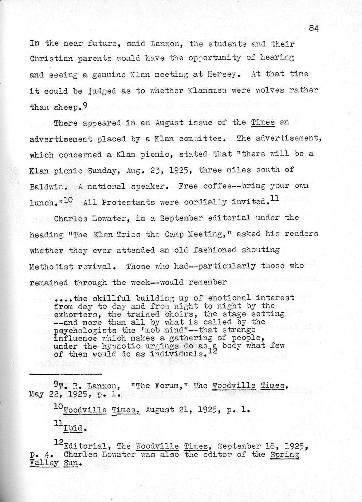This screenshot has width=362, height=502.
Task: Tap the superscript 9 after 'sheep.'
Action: pyautogui.click(x=84, y=104)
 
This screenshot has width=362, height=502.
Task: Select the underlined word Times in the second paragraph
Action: pyautogui.click(x=263, y=122)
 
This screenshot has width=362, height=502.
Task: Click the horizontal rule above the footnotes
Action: pyautogui.click(x=65, y=374)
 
